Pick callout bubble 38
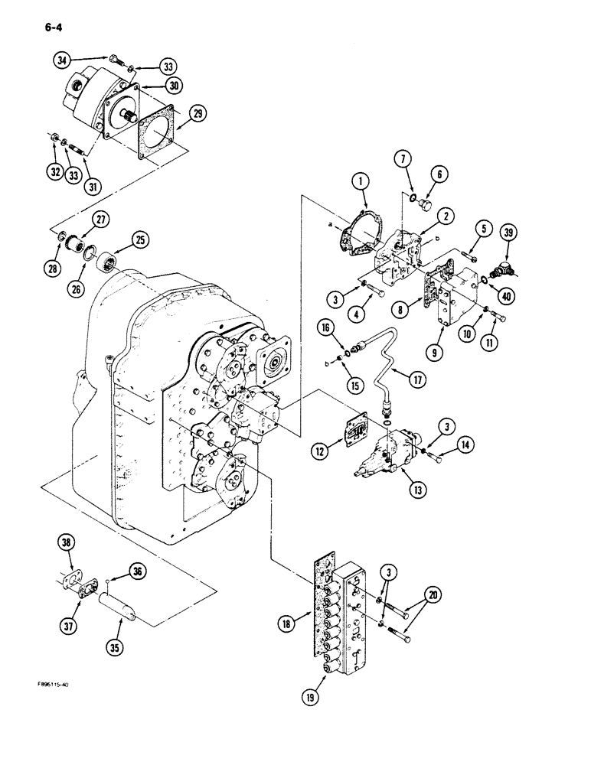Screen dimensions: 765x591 67,542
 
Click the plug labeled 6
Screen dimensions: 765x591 426,228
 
